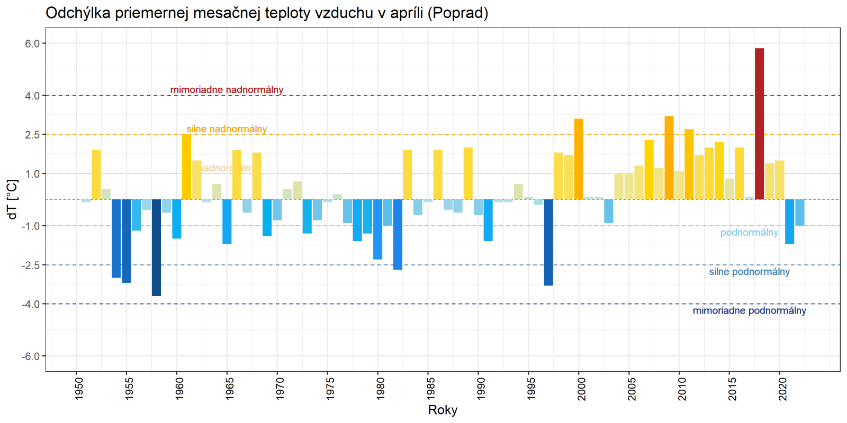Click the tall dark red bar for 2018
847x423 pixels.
click(759, 124)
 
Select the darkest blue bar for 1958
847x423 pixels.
click(156, 247)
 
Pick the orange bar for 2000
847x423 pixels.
click(579, 159)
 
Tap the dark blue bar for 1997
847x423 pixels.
click(548, 242)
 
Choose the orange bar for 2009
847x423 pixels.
click(669, 158)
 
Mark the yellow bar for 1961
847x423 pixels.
click(186, 167)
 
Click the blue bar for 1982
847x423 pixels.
click(398, 234)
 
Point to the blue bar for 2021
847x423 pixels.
click(789, 221)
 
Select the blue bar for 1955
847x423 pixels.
click(126, 241)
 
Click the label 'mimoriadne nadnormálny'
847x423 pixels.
click(227, 90)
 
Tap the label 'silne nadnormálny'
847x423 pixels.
click(227, 129)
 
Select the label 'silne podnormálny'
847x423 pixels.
click(749, 272)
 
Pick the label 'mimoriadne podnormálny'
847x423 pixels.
click(749, 311)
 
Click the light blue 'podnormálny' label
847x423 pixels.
click(749, 233)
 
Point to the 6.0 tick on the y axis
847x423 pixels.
click(32, 44)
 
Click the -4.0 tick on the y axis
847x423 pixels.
click(31, 304)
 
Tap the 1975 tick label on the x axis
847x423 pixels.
click(330, 388)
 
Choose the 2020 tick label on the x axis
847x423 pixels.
click(782, 388)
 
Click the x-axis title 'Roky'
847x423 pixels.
click(443, 410)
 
